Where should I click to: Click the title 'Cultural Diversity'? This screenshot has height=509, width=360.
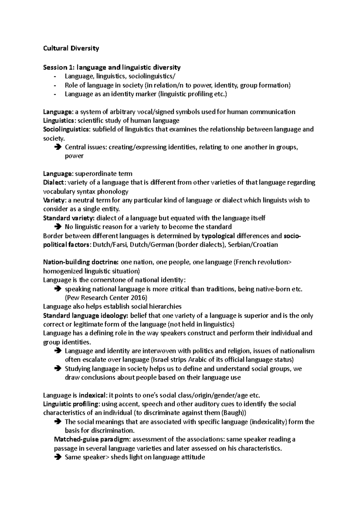(x=71, y=48)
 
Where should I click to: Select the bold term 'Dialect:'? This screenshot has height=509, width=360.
(x=53, y=183)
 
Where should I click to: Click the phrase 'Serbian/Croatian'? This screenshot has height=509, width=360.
(x=253, y=245)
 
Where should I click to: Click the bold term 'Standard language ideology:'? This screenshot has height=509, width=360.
(x=86, y=316)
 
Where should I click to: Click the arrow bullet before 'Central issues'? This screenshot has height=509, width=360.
(x=58, y=147)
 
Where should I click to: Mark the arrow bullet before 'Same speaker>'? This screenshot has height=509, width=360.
(x=58, y=457)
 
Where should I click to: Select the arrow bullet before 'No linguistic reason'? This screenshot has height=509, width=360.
(x=58, y=227)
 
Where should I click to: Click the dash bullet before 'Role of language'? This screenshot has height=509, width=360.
(x=55, y=85)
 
